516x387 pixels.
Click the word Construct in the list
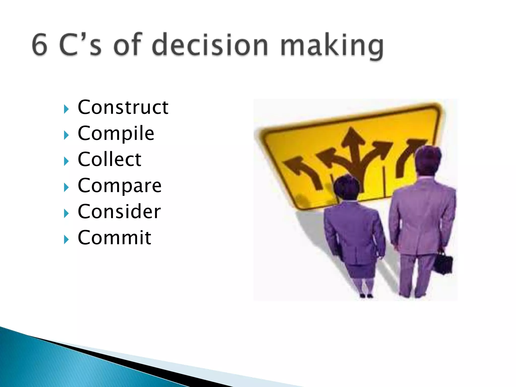click(123, 108)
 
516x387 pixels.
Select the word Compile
click(116, 134)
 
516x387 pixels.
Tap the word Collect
click(109, 159)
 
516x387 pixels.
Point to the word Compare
click(119, 186)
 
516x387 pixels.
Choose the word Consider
click(119, 212)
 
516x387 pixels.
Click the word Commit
click(114, 238)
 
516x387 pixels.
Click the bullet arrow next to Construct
click(66, 109)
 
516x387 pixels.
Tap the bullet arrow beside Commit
click(66, 240)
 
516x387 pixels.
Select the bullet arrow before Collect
click(66, 162)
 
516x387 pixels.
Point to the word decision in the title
click(210, 45)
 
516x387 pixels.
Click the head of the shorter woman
click(346, 188)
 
